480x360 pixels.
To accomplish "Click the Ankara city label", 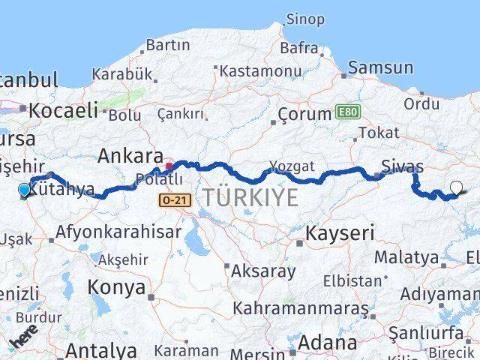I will pyautogui.click(x=130, y=157).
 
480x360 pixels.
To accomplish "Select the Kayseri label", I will pyautogui.click(x=339, y=233).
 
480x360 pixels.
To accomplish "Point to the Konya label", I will pyautogui.click(x=116, y=286).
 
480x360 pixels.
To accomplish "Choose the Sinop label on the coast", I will pyautogui.click(x=305, y=19).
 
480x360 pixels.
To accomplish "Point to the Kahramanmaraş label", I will pyautogui.click(x=300, y=308).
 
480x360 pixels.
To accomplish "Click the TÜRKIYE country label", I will pyautogui.click(x=250, y=199).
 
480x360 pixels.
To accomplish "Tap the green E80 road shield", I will pyautogui.click(x=347, y=112).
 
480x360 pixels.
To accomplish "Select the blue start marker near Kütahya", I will pyautogui.click(x=25, y=190).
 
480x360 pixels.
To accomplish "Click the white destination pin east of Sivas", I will pyautogui.click(x=457, y=188).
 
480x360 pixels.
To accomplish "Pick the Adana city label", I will pyautogui.click(x=328, y=343).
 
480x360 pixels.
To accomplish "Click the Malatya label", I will pyautogui.click(x=406, y=258).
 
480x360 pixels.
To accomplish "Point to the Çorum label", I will pyautogui.click(x=304, y=115).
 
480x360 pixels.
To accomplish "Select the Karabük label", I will pyautogui.click(x=122, y=74).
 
